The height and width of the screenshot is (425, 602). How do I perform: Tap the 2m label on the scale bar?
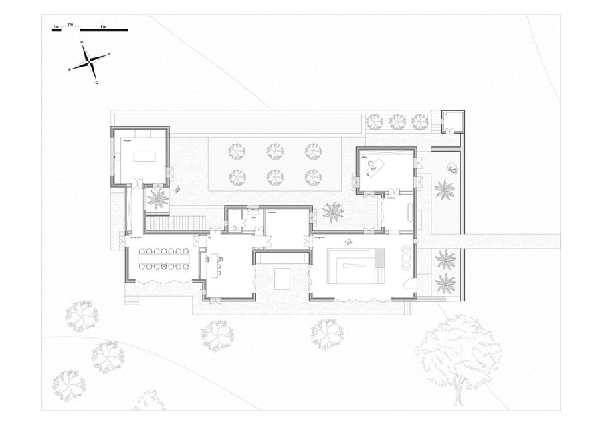(70, 24)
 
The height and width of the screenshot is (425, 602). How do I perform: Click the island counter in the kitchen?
(144, 156)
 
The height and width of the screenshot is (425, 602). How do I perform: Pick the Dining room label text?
(136, 237)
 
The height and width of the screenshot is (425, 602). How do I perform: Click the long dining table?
(164, 259)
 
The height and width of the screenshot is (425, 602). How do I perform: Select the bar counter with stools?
(215, 266)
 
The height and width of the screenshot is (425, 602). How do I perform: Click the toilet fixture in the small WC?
(235, 227)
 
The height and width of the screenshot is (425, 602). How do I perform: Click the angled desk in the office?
(375, 166)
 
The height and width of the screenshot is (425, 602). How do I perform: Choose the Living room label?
(319, 237)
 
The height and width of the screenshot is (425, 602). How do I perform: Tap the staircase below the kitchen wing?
(175, 223)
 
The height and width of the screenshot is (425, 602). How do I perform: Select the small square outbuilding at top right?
(454, 122)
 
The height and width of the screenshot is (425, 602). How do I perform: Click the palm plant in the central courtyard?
(332, 212)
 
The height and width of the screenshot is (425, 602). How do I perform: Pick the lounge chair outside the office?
(453, 168)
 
